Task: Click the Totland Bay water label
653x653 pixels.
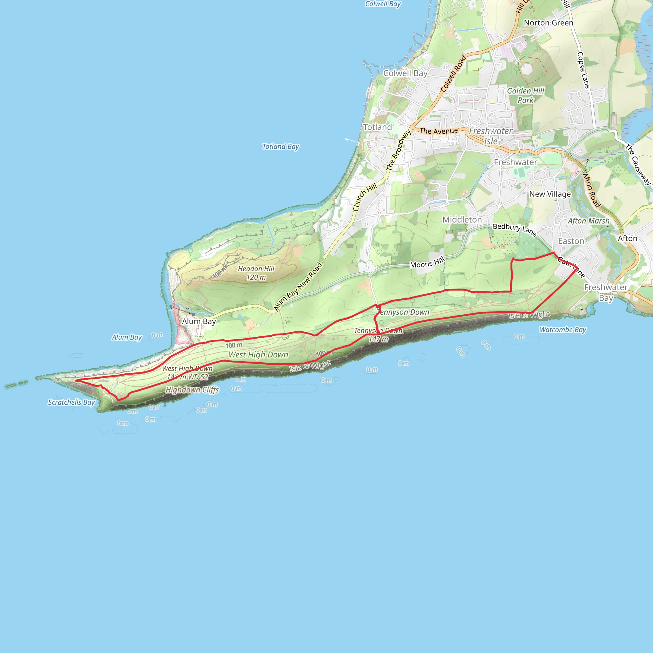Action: pyautogui.click(x=281, y=147)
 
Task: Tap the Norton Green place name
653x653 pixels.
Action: pyautogui.click(x=548, y=23)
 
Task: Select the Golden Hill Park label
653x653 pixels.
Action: pyautogui.click(x=525, y=95)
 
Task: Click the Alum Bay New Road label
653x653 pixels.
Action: pyautogui.click(x=298, y=287)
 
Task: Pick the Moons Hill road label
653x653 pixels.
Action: pyautogui.click(x=427, y=263)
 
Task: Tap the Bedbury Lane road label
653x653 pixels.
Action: pyautogui.click(x=514, y=230)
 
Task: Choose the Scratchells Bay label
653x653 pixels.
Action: pyautogui.click(x=71, y=402)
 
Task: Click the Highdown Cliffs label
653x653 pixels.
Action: pyautogui.click(x=192, y=390)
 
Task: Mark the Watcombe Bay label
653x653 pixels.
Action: pyautogui.click(x=563, y=330)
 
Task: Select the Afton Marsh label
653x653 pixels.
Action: pyautogui.click(x=589, y=221)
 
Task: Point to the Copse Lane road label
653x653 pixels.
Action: pyautogui.click(x=583, y=70)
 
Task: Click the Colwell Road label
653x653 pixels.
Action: pyautogui.click(x=454, y=74)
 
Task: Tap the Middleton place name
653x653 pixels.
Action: pyautogui.click(x=462, y=220)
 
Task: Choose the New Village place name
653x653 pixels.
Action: pyautogui.click(x=550, y=194)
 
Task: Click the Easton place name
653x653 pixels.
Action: pyautogui.click(x=571, y=241)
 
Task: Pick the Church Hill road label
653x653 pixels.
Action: pyautogui.click(x=365, y=197)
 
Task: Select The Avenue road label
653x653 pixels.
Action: pyautogui.click(x=439, y=131)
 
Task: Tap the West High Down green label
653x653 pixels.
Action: pyautogui.click(x=258, y=355)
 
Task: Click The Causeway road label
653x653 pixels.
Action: pyautogui.click(x=638, y=165)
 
